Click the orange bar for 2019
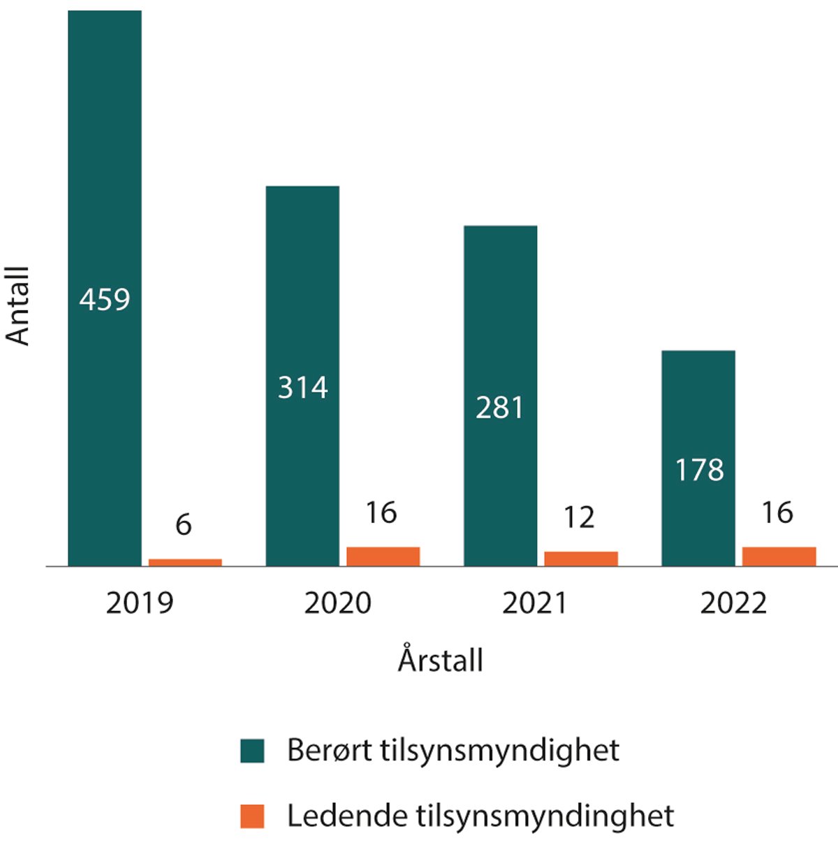coord(185,562)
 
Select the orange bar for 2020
coord(383,557)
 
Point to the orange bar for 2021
coord(581,559)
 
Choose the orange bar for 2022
coord(779,557)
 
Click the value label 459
coord(105,300)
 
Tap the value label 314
coord(303,388)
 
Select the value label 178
coord(699,470)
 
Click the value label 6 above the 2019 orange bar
coord(184,524)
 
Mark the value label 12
coord(579,517)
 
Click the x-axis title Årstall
coord(441,660)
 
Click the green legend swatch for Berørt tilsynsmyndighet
coord(252,751)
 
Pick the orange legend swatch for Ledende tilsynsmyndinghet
coord(252,816)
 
